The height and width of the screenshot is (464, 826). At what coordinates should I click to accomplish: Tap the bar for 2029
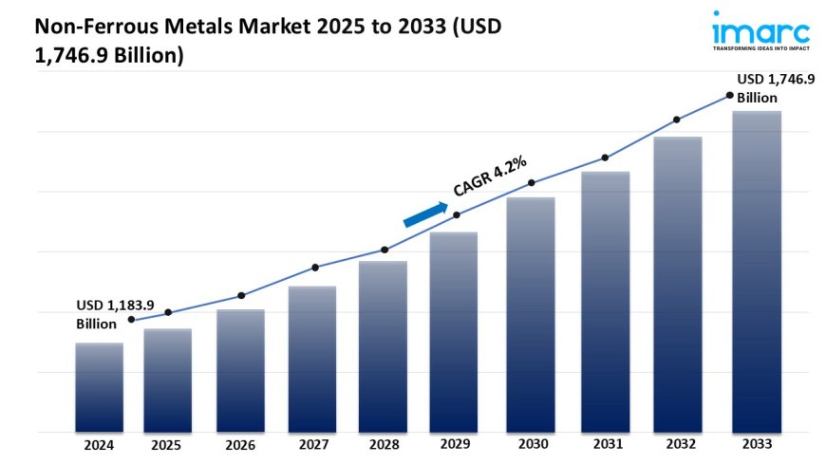(454, 332)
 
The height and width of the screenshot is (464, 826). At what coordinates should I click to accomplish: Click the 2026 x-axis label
(241, 444)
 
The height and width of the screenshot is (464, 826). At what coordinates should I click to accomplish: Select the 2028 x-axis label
(384, 444)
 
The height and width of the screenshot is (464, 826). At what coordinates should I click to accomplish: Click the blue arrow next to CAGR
(425, 214)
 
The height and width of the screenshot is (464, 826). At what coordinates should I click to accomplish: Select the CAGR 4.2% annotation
(490, 176)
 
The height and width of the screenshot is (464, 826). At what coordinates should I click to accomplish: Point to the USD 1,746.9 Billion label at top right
(775, 88)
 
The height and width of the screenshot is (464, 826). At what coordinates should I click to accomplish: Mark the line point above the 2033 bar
(729, 95)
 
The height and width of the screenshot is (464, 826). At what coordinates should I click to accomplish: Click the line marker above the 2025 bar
(168, 312)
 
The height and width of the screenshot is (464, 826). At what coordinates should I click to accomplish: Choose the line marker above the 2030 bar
(531, 182)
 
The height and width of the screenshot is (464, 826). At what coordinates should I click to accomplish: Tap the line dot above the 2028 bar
(385, 250)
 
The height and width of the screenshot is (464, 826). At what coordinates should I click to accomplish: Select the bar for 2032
(677, 284)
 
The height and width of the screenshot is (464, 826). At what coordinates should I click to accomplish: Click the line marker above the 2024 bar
(131, 320)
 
